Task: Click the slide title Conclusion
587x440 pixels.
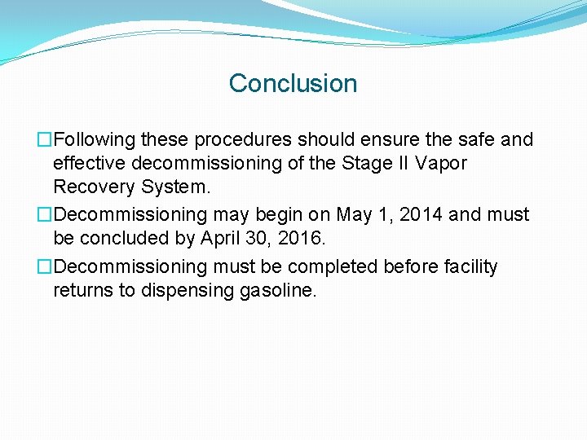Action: pos(293,83)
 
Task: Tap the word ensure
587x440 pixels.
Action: pos(376,140)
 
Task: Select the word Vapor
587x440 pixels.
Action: pos(441,163)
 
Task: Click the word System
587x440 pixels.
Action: pos(176,187)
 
